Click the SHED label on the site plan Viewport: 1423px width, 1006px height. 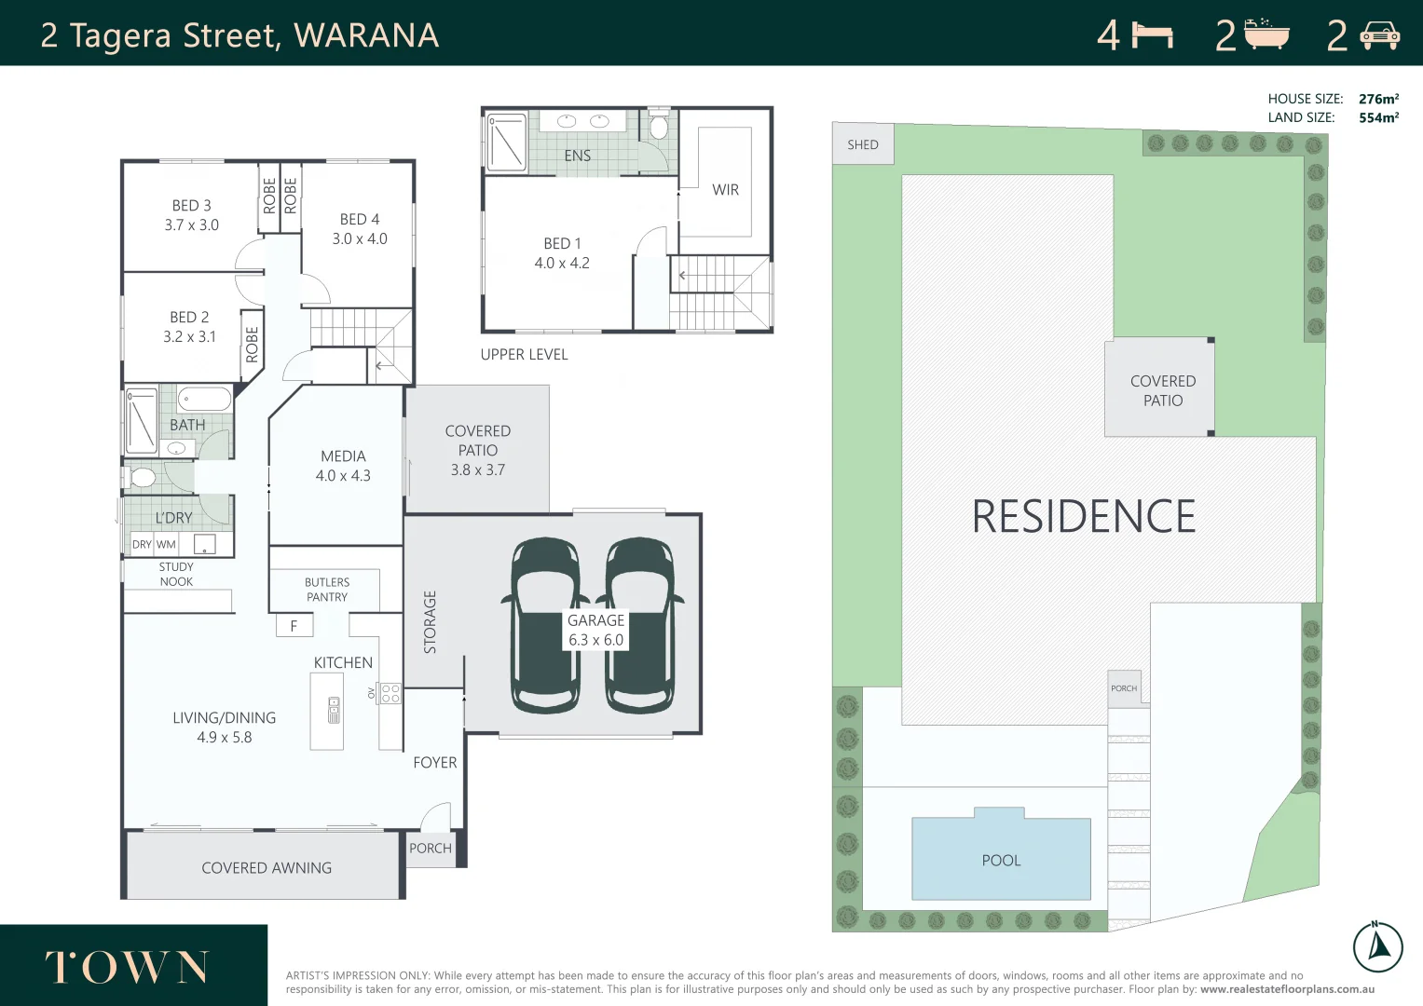pos(862,144)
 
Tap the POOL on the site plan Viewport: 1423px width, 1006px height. pos(1001,859)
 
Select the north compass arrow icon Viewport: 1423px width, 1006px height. pos(1377,946)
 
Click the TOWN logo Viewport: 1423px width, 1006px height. pos(128,968)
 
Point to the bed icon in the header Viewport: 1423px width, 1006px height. pos(1152,35)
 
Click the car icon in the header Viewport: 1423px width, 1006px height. pos(1379,36)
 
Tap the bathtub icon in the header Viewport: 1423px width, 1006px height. pos(1266,34)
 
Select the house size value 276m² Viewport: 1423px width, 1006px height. pos(1378,99)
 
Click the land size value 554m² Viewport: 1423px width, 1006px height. pos(1378,117)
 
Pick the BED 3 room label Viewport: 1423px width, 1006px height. pos(191,206)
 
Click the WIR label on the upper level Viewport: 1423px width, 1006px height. pos(725,190)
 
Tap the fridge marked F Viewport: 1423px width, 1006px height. pos(294,626)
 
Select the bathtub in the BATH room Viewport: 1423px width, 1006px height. pos(204,400)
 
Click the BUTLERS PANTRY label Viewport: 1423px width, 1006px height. pos(327,590)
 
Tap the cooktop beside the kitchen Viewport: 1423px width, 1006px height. pos(390,693)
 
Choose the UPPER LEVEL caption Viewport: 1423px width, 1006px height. pos(524,355)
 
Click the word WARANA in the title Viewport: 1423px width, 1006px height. pos(366,35)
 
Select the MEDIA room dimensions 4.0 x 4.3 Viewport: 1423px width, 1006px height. pos(343,476)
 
